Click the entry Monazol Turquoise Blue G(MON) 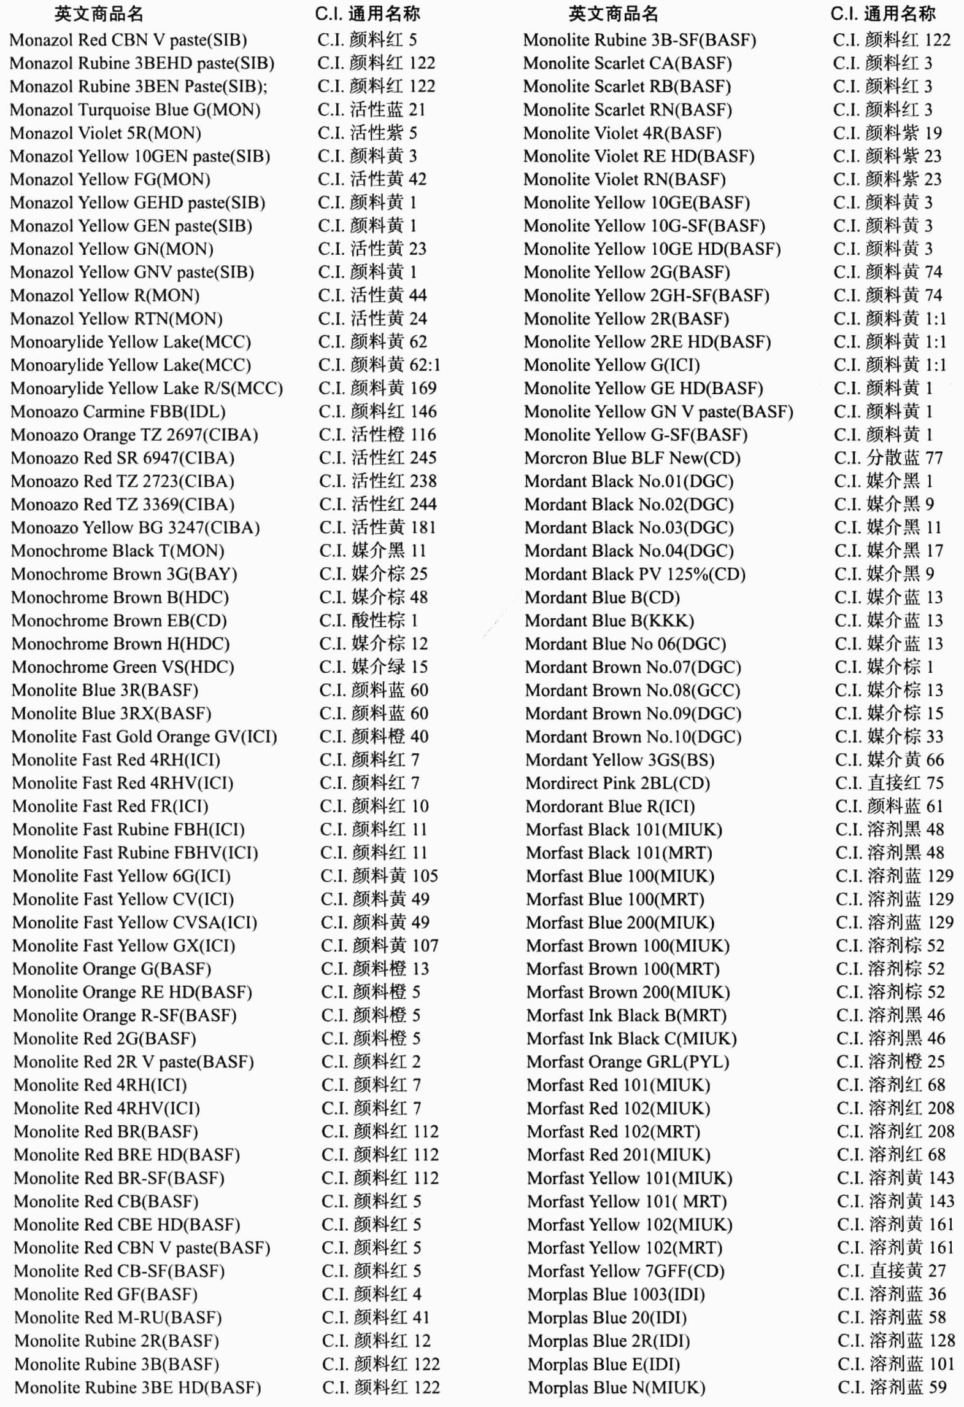(x=135, y=110)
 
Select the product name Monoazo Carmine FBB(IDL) (x=118, y=412)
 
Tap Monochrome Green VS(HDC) (x=123, y=667)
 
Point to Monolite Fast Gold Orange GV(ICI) (x=144, y=737)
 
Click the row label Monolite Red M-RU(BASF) (x=118, y=1317)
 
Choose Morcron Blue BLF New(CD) (x=632, y=458)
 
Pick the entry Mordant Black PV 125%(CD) (x=634, y=574)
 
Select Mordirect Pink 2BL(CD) (x=617, y=783)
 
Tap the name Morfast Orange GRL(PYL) (x=628, y=1062)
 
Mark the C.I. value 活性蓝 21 (x=372, y=110)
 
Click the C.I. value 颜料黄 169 (x=377, y=389)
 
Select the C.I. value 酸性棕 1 (x=368, y=621)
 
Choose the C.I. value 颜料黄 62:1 (x=379, y=365)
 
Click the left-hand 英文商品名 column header (x=99, y=14)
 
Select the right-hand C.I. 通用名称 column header (x=883, y=14)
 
